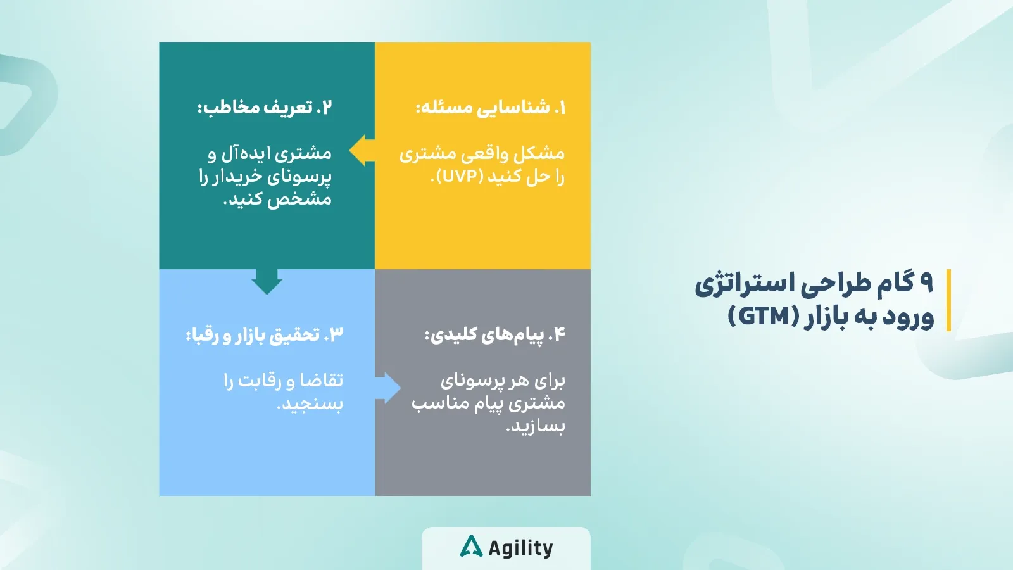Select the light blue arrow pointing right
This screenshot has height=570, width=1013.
coord(389,388)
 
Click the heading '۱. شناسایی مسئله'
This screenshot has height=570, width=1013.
coord(491,107)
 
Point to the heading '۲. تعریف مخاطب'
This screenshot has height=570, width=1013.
coord(265,106)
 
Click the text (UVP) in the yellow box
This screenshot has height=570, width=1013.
coord(463,177)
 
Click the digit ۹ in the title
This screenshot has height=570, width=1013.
coord(926,282)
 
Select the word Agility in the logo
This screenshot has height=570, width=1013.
coord(520,548)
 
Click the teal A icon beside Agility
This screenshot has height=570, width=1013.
coord(471,547)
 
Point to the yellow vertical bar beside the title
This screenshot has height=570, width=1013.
coord(948,300)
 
